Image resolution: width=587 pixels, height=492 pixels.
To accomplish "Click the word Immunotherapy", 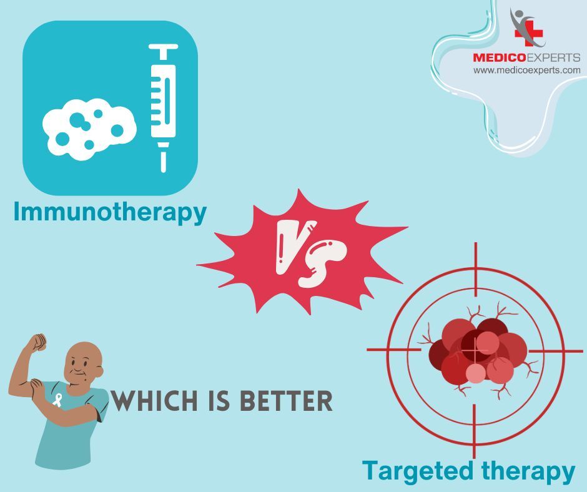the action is tap(110, 212).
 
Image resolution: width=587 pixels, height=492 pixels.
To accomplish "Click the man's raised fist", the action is tap(37, 342).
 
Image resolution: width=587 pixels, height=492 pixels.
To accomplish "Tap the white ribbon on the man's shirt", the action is tap(57, 400).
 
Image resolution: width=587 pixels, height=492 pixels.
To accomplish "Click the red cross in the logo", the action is tap(528, 33).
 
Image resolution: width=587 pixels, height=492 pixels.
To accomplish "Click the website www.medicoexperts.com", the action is tap(527, 70).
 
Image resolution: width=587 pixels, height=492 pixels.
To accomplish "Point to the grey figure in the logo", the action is tap(524, 26).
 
